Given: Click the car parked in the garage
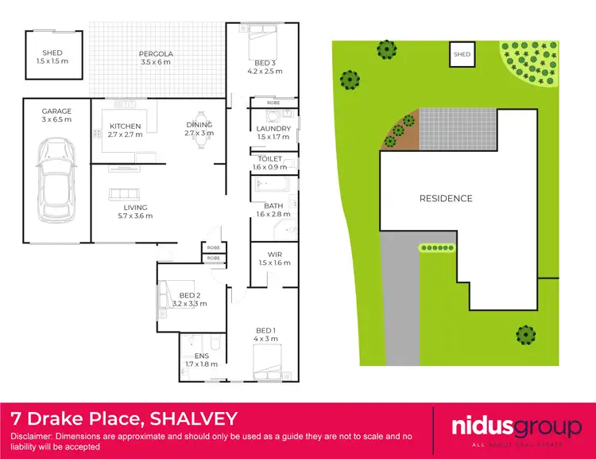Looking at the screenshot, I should pos(56,181).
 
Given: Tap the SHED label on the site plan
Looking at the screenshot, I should pos(462,55).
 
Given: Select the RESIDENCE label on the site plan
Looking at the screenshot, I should pos(446,198).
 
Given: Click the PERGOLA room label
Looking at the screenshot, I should pos(156,54).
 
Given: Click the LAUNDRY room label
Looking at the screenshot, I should pos(273,128).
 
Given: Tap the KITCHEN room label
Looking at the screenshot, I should pos(126,126).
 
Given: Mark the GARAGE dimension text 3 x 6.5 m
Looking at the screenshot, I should pos(57,120).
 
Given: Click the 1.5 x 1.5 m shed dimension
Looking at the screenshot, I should pos(52,62).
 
